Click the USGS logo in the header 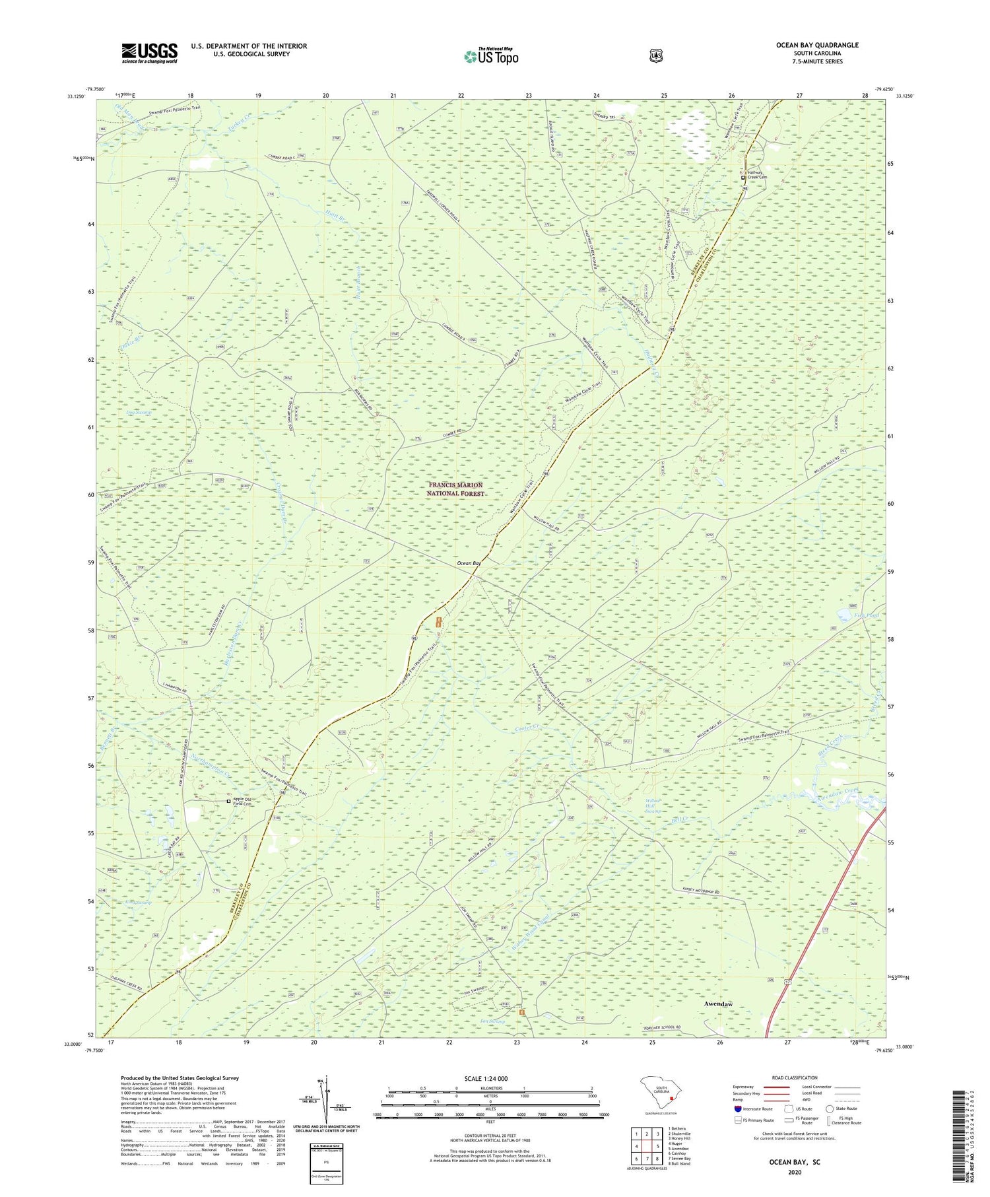[x=149, y=53]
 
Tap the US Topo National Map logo [x=491, y=56]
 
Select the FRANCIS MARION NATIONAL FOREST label [x=455, y=489]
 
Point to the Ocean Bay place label [x=469, y=564]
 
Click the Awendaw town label [x=718, y=1004]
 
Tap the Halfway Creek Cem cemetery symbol [x=742, y=178]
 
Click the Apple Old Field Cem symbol [x=229, y=802]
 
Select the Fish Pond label [x=867, y=615]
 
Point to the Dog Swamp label [x=139, y=413]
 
